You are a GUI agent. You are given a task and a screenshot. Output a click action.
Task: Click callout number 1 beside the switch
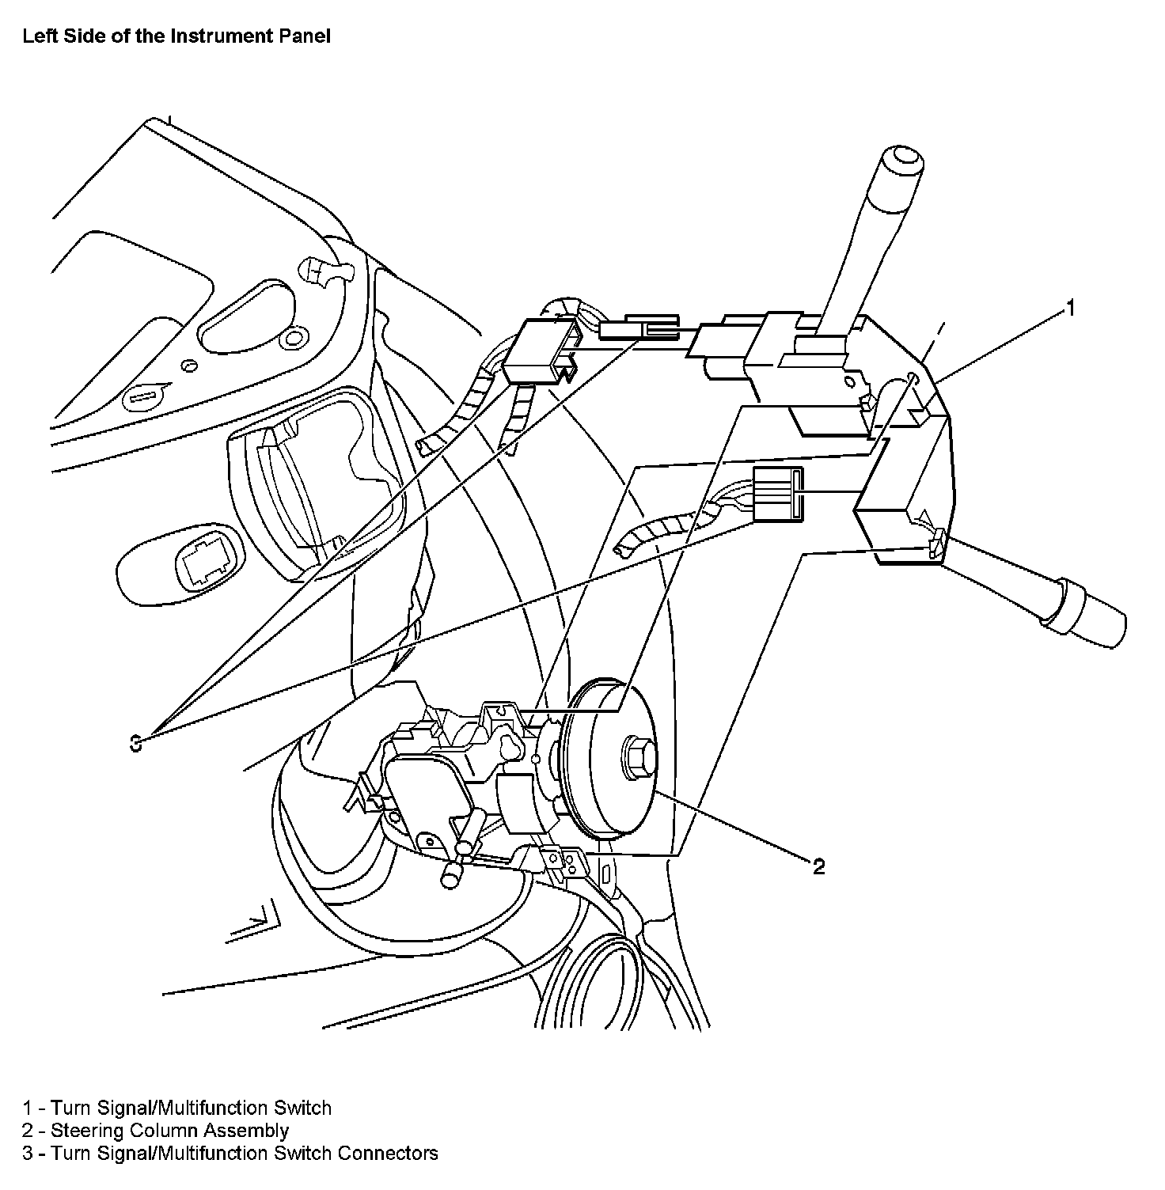[x=1070, y=308]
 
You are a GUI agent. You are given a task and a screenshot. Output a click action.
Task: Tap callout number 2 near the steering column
[x=818, y=866]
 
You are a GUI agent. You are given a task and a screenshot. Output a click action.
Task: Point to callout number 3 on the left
[x=136, y=743]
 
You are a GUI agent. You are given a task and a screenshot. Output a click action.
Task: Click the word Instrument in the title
[x=208, y=36]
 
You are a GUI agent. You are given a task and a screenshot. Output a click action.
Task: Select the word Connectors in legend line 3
[x=388, y=1153]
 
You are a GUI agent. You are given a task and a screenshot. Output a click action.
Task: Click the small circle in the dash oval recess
[x=292, y=339]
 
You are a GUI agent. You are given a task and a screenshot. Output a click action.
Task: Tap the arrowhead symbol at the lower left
[x=257, y=920]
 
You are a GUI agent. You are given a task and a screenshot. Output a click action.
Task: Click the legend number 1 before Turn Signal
[x=28, y=1109]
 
